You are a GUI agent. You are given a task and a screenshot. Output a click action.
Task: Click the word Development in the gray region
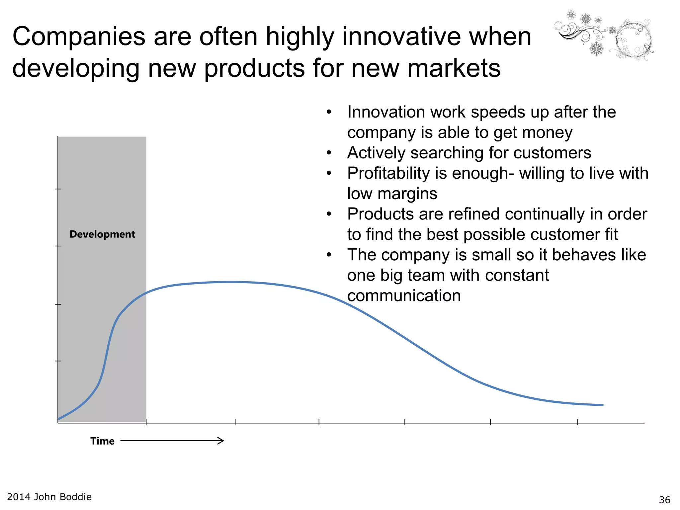click(102, 234)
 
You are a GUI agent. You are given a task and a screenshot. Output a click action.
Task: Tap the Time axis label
click(102, 441)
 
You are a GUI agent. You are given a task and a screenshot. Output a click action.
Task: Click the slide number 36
click(664, 500)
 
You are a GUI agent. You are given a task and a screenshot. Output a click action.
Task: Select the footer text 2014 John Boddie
click(49, 497)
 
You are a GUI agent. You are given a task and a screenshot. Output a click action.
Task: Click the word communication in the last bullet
click(404, 296)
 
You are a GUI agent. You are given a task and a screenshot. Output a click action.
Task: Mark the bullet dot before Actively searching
click(329, 153)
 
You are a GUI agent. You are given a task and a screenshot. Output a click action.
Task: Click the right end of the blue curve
click(603, 405)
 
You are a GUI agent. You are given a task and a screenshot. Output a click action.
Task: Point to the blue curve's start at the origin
click(59, 419)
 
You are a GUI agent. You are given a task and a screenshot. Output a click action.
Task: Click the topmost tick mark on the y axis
click(58, 189)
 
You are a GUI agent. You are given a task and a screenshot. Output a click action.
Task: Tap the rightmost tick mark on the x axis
click(577, 422)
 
